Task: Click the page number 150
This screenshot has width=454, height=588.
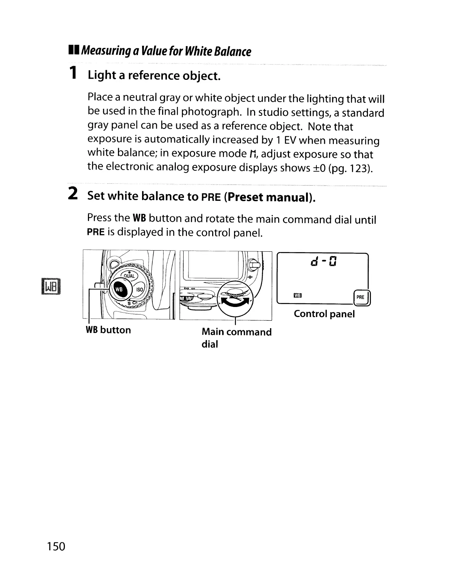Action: [x=56, y=546]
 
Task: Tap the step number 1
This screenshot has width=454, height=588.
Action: [x=74, y=73]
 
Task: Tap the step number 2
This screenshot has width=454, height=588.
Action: [x=73, y=194]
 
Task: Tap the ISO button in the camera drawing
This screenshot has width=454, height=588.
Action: [x=139, y=290]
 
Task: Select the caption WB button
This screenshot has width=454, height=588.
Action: [x=108, y=330]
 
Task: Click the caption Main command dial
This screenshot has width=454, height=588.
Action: [x=236, y=337]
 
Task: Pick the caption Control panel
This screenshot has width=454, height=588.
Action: [x=324, y=314]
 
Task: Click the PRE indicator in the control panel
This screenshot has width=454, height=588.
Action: [x=360, y=297]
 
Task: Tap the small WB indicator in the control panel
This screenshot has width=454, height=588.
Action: [x=298, y=296]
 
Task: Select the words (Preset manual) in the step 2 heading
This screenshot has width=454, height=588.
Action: [x=270, y=197]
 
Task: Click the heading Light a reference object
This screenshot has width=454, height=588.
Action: [x=154, y=76]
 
